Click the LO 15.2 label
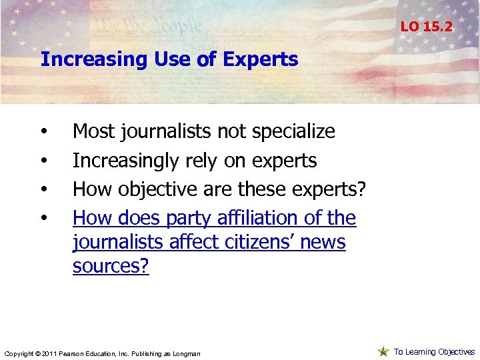click(426, 27)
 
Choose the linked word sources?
click(111, 265)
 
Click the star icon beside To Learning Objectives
click(383, 351)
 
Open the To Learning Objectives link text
click(434, 351)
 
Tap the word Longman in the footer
click(186, 353)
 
